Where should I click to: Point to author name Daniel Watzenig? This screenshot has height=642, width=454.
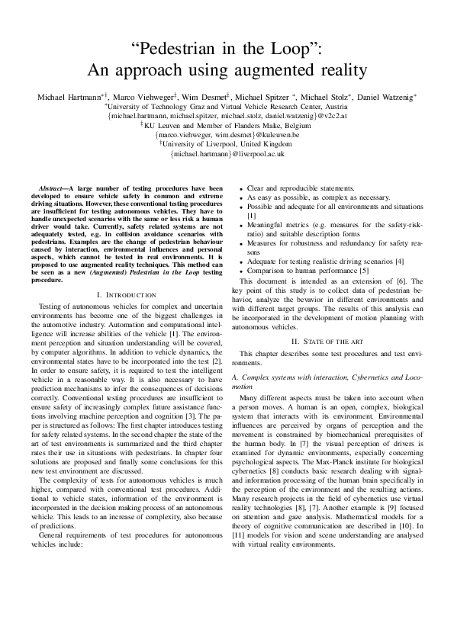385,98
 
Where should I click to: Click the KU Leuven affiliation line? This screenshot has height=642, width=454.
228,125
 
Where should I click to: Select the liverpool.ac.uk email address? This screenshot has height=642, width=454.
228,153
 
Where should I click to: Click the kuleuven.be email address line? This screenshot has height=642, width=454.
228,134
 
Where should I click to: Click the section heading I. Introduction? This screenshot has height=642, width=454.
127,294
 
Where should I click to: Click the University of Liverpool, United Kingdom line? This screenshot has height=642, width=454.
228,143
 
